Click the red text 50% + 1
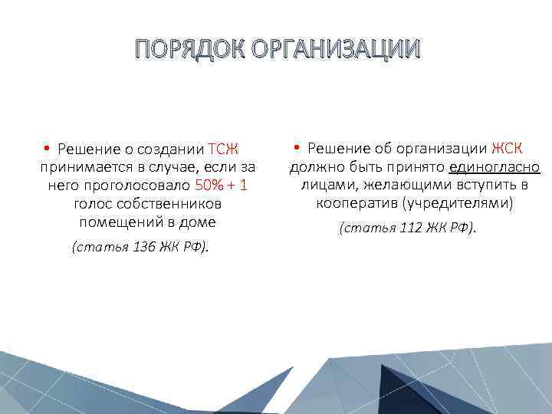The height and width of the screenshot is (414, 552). pyautogui.click(x=221, y=186)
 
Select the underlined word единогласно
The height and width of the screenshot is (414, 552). pyautogui.click(x=495, y=167)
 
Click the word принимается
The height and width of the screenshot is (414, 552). pyautogui.click(x=80, y=168)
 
